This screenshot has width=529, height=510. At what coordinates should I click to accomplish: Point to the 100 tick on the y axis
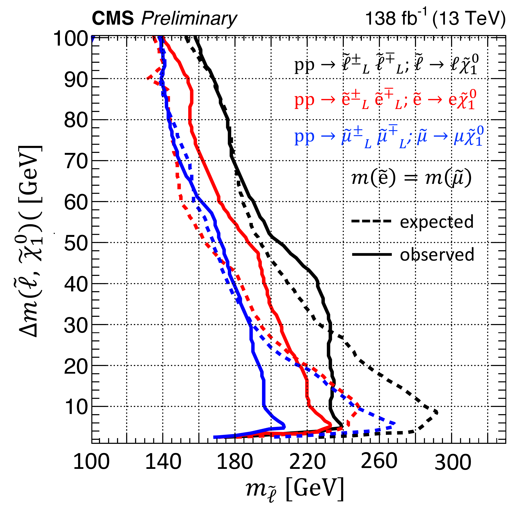(x=71, y=39)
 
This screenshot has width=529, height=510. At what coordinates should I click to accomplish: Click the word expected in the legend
(x=436, y=222)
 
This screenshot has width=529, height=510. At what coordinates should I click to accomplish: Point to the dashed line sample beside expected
(x=371, y=221)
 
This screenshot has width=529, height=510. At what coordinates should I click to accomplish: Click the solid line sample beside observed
(x=372, y=254)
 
